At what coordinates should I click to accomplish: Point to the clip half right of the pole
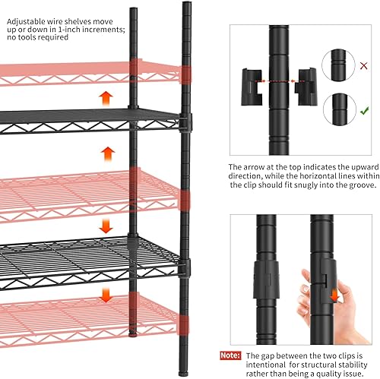pos(307,84)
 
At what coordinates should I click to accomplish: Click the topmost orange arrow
pos(106,98)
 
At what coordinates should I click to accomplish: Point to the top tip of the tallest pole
pos(186,5)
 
